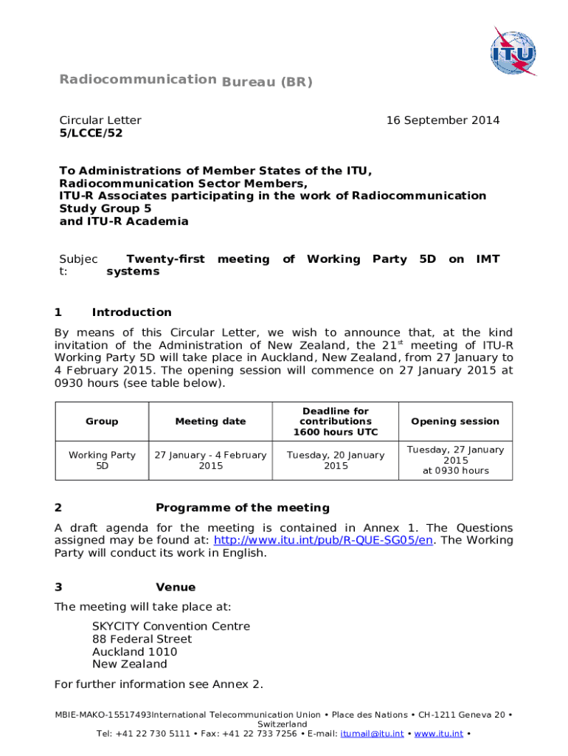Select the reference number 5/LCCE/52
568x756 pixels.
(91, 133)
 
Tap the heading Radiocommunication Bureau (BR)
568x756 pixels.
(186, 80)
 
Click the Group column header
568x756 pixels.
(102, 422)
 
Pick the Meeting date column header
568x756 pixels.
(210, 422)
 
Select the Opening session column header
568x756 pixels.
(455, 422)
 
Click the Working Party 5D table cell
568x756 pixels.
(102, 461)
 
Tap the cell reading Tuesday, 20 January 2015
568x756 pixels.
(336, 461)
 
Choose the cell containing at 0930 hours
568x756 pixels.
(455, 471)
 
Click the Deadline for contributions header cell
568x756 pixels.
(336, 422)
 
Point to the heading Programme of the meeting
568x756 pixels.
(243, 508)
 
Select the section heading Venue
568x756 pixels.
(176, 588)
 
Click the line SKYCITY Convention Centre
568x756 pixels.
(171, 627)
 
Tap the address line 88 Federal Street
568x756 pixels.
(142, 639)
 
